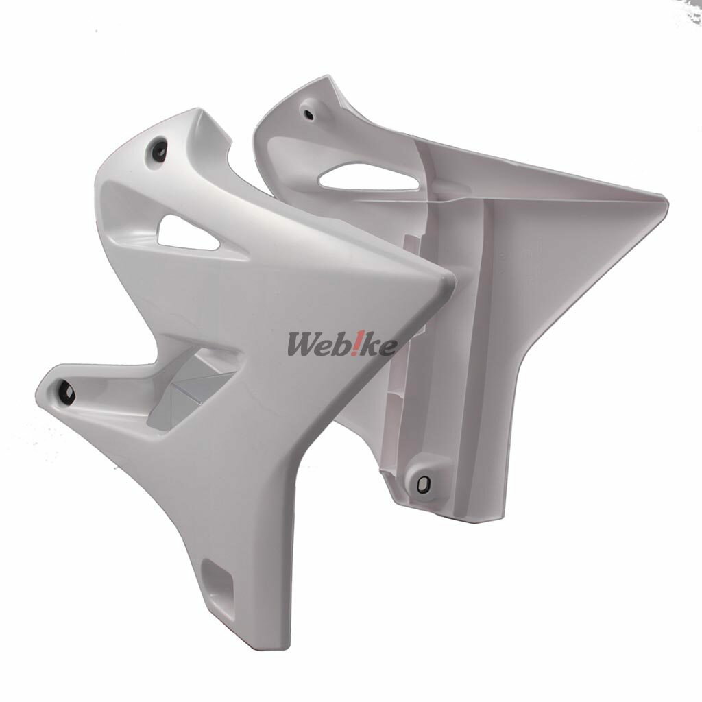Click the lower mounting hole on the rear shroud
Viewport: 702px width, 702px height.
(x=422, y=484)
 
